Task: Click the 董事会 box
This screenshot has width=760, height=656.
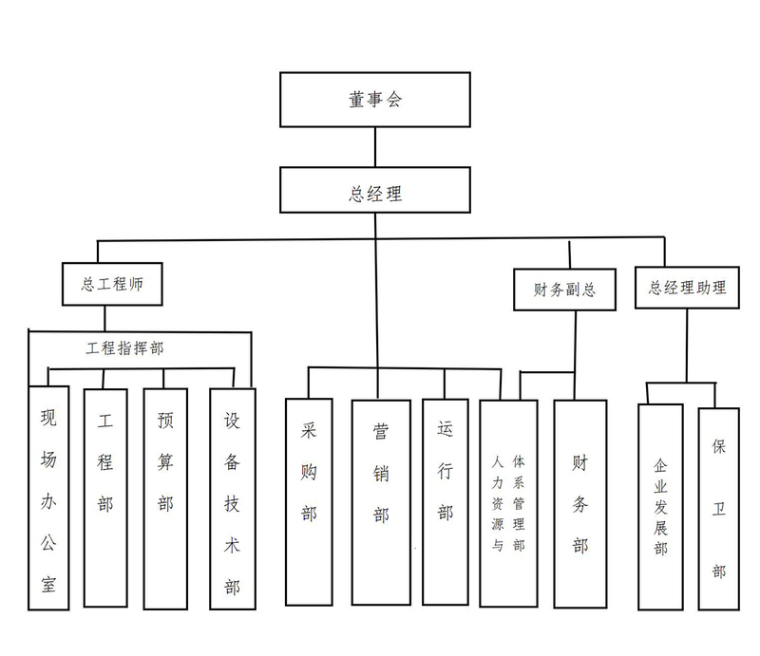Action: (375, 99)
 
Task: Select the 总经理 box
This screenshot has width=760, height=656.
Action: (375, 193)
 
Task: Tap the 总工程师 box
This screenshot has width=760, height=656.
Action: (111, 284)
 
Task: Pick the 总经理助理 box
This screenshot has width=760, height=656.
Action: (687, 287)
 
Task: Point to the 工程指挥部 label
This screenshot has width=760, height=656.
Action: (125, 348)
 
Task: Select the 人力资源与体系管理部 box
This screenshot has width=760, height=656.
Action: (508, 503)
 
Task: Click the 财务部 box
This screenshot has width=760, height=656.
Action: (579, 503)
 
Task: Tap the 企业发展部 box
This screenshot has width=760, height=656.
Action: (660, 508)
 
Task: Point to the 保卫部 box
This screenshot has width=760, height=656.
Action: (718, 508)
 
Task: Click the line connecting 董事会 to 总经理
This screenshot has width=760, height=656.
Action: (376, 146)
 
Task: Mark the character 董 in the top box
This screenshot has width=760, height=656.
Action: (356, 99)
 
